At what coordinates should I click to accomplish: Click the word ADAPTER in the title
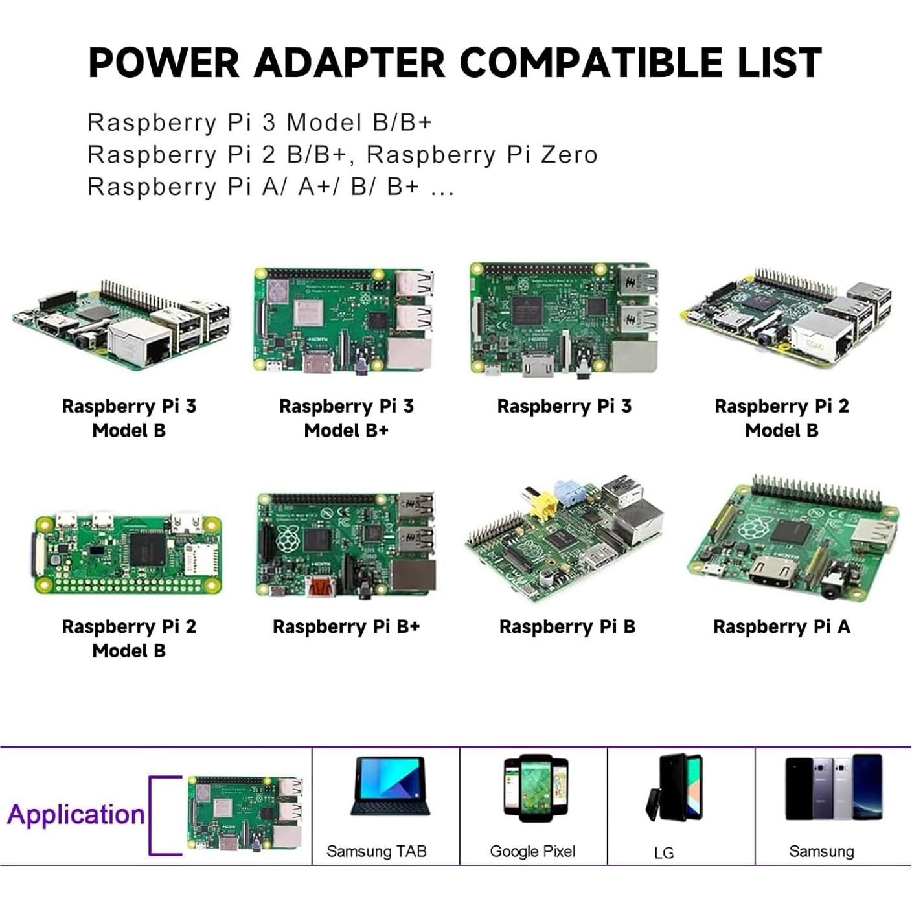[350, 63]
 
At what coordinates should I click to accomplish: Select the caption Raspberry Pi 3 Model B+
[346, 418]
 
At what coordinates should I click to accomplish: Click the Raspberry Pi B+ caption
[346, 626]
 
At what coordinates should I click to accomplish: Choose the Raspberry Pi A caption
[781, 626]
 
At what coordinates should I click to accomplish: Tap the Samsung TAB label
[376, 851]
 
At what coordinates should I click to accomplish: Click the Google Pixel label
[532, 851]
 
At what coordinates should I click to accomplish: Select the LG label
[664, 852]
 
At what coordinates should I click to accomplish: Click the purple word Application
[76, 814]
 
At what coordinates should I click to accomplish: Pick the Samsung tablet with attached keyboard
[387, 786]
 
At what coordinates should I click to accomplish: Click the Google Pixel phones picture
[536, 788]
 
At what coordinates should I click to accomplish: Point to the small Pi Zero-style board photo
[128, 554]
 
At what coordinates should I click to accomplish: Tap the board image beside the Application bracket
[245, 815]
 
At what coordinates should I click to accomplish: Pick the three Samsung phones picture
[833, 787]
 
